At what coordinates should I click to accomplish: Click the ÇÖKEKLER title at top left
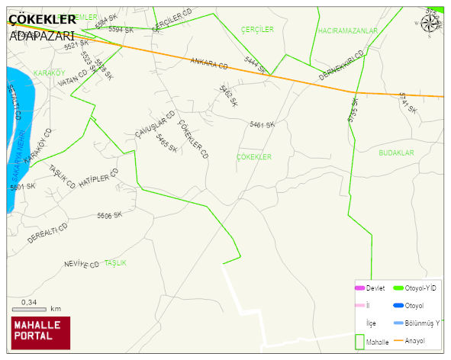(42, 19)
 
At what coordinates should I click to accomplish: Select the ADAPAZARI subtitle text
(41, 35)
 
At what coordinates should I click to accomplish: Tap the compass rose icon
(430, 24)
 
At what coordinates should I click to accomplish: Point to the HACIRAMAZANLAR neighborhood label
(347, 31)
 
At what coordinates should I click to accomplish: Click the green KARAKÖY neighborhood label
(50, 72)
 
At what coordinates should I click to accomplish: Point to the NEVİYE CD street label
(82, 265)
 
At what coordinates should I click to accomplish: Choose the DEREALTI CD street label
(47, 233)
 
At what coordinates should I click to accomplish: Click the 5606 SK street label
(109, 216)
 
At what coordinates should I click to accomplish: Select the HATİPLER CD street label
(98, 181)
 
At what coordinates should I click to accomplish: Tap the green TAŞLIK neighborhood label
(115, 262)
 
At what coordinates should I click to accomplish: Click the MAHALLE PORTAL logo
(40, 333)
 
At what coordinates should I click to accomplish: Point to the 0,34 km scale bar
(31, 308)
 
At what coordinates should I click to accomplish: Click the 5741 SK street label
(408, 103)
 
